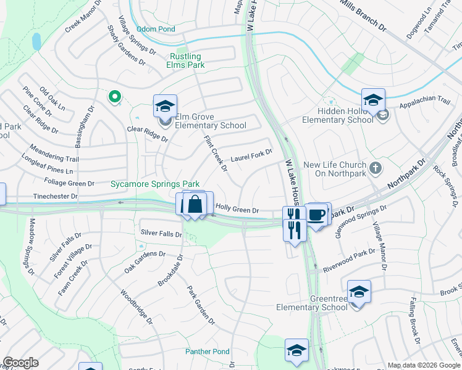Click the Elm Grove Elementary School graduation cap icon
[x=165, y=106]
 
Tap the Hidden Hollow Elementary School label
[x=338, y=115]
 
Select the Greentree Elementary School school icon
[x=359, y=292]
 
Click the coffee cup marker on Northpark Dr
[x=317, y=215]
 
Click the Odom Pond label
[x=156, y=29]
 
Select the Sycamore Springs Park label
[x=155, y=184]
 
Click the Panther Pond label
[x=207, y=351]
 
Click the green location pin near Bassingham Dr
[x=114, y=96]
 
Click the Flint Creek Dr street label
[x=216, y=155]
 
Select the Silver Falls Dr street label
[x=161, y=234]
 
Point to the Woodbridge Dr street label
[x=136, y=307]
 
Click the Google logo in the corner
[x=20, y=363]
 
